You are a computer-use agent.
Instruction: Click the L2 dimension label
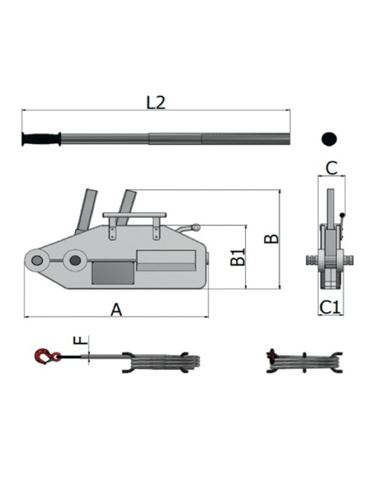coord(156,103)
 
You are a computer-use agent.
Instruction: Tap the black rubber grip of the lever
coord(41,139)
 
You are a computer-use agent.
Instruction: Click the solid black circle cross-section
coord(329,139)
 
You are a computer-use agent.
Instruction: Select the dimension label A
coord(116,310)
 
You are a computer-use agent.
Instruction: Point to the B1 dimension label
coord(238,256)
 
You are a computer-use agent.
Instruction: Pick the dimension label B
coord(272,239)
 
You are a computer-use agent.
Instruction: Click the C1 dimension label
coord(330,307)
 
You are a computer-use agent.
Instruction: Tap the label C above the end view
coord(331,168)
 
